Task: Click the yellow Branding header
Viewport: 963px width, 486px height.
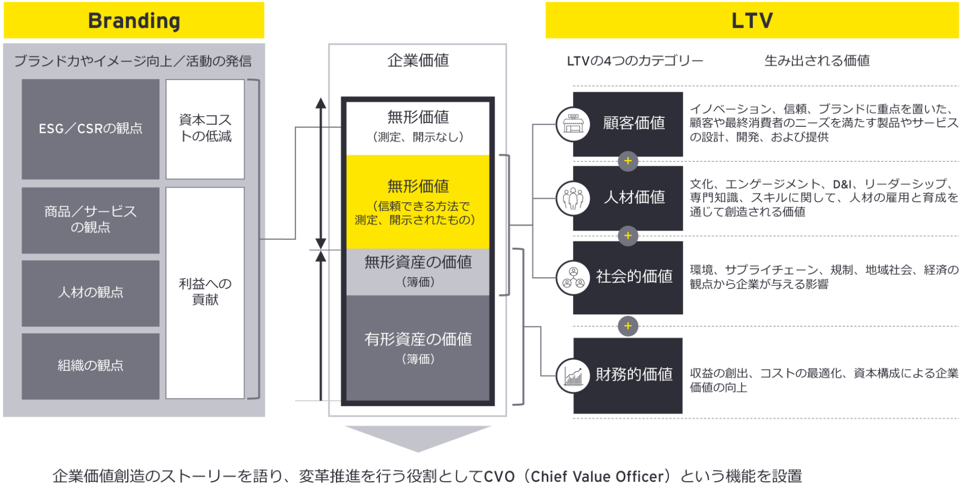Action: pyautogui.click(x=134, y=20)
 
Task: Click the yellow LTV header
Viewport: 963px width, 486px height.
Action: pyautogui.click(x=752, y=20)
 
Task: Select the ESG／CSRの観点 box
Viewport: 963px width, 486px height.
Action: pyautogui.click(x=90, y=129)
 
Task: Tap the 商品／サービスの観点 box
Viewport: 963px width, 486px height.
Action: pyautogui.click(x=90, y=220)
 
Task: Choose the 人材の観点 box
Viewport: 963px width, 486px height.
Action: pyautogui.click(x=90, y=293)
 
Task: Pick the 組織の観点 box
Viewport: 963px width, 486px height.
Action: pyautogui.click(x=90, y=366)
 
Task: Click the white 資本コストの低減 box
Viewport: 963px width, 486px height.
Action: pyautogui.click(x=205, y=129)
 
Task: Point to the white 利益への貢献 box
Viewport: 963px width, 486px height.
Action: pyautogui.click(x=205, y=292)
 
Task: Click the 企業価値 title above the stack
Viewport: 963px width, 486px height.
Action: pyautogui.click(x=418, y=60)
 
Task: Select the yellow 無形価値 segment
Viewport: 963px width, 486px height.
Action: pyautogui.click(x=418, y=202)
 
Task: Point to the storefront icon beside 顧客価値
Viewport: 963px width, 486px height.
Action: pyautogui.click(x=573, y=124)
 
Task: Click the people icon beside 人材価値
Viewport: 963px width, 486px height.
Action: pyautogui.click(x=573, y=199)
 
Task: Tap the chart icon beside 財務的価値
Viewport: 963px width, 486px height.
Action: pyautogui.click(x=573, y=376)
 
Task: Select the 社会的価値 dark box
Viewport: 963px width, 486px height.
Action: pyautogui.click(x=634, y=277)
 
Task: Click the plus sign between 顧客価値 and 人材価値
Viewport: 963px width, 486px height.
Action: pyautogui.click(x=628, y=161)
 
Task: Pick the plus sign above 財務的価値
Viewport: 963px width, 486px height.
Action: pyautogui.click(x=628, y=326)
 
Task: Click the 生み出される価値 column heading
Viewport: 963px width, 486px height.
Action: pyautogui.click(x=817, y=61)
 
